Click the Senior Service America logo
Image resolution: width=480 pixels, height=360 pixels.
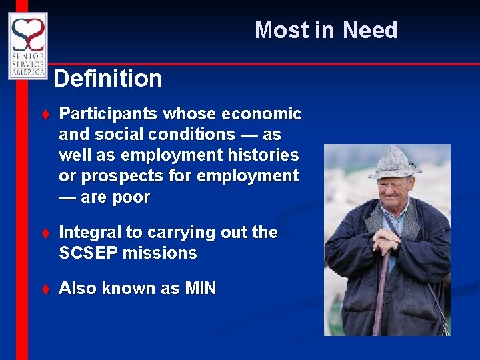[x=27, y=45]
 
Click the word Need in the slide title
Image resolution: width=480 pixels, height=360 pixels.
[x=370, y=30]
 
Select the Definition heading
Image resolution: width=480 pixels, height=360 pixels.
[x=108, y=79]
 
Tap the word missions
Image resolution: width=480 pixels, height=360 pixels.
[x=167, y=253]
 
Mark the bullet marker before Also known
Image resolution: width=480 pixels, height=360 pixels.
[x=45, y=289]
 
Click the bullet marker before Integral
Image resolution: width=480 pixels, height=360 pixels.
[x=45, y=233]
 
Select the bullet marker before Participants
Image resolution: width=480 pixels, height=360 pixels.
[x=45, y=115]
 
